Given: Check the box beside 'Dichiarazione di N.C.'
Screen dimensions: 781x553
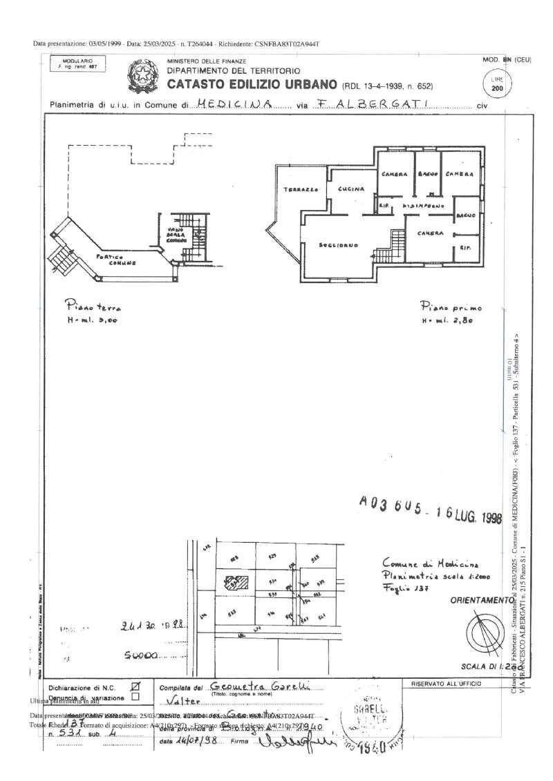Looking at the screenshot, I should tap(135, 686).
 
